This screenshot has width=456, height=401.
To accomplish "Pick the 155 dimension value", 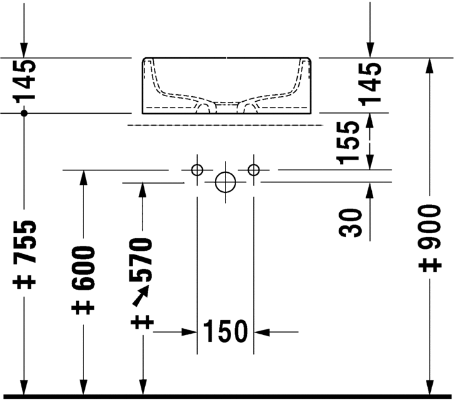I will (x=349, y=142).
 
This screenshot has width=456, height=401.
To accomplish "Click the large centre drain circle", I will (x=225, y=182).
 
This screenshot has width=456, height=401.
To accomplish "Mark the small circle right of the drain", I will (x=254, y=170).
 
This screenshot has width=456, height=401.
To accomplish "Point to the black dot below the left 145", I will (x=24, y=113).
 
